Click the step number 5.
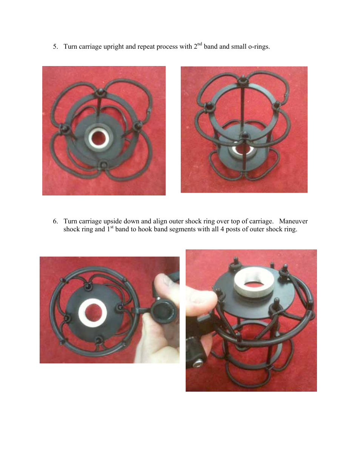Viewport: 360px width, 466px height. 55,47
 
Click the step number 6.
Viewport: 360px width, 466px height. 55,221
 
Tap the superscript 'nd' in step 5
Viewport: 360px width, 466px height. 200,44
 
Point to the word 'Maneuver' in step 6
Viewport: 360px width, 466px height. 293,221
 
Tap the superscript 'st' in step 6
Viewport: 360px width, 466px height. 112,227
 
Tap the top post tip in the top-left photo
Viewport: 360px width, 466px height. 101,91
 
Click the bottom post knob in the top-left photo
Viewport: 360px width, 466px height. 104,164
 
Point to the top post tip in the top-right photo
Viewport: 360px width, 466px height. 242,79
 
